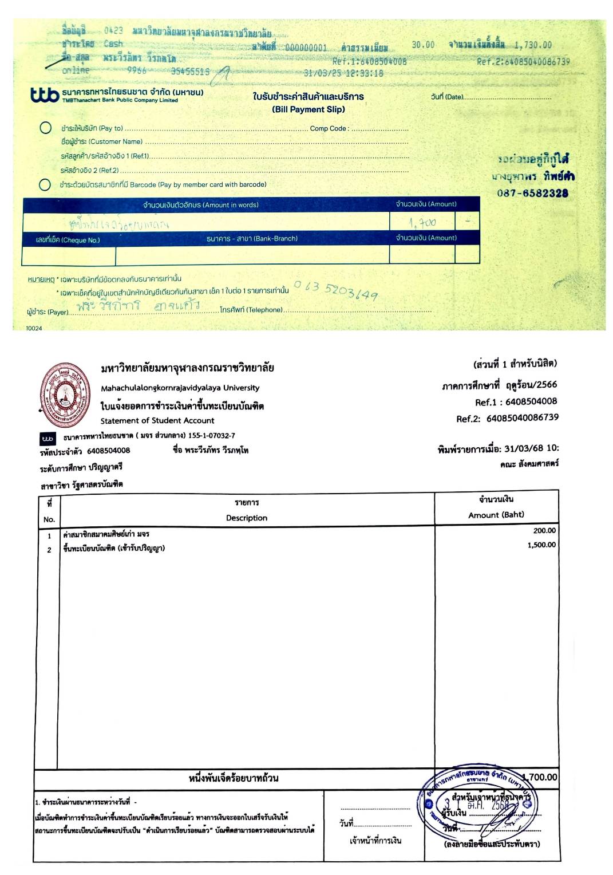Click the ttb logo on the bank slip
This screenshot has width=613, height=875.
point(44,94)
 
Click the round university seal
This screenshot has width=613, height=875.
point(65,395)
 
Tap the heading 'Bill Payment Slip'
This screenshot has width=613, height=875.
point(308,109)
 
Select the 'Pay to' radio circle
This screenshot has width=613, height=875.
point(46,128)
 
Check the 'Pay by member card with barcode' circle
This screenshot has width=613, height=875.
point(45,184)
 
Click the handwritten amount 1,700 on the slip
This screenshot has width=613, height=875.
point(422,222)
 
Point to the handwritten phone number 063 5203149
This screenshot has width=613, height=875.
point(336,290)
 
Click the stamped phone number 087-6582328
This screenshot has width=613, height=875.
point(532,194)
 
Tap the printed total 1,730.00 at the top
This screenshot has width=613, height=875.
point(532,45)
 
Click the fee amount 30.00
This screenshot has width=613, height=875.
point(423,45)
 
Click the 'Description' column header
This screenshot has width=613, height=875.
point(246,518)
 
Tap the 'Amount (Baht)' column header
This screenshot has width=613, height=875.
point(496,515)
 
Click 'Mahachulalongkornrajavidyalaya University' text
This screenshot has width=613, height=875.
point(180,388)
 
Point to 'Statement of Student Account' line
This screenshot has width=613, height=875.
point(157,420)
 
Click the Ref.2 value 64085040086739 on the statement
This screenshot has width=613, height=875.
point(522,418)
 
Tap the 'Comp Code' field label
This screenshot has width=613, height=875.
point(328,128)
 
